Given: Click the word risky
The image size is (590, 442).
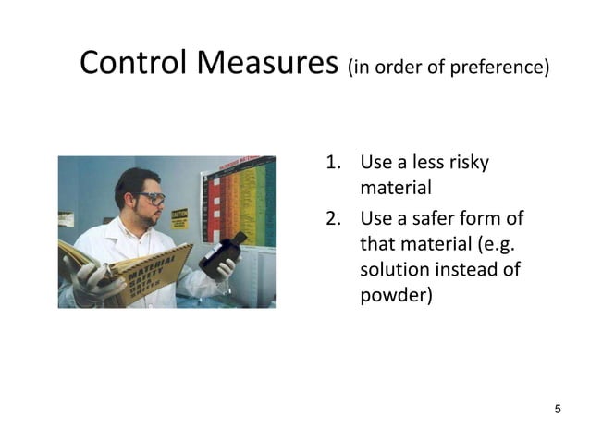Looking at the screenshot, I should pyautogui.click(x=469, y=164).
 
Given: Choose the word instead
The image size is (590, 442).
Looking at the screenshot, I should pyautogui.click(x=475, y=272).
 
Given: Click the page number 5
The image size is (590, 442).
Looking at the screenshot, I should pyautogui.click(x=557, y=409).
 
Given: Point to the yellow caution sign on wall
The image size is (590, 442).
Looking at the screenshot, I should pyautogui.click(x=179, y=219).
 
